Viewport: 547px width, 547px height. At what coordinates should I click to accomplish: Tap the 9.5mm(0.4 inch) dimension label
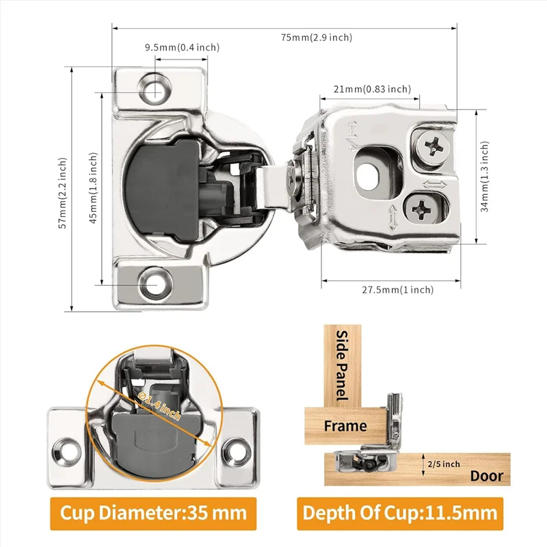coord(182,47)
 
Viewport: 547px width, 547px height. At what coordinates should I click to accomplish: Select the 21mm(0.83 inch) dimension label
coord(372,89)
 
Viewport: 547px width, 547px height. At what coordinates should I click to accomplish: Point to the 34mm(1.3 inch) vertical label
coord(484,176)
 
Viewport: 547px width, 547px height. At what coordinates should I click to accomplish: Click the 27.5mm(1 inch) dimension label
coord(397,290)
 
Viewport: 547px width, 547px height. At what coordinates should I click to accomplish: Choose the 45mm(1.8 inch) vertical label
coord(93,187)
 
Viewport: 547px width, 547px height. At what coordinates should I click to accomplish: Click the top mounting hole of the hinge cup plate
coord(157,88)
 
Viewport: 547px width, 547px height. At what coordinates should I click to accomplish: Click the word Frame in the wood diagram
coord(345,426)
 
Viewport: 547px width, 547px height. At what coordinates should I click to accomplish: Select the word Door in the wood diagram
coord(486,476)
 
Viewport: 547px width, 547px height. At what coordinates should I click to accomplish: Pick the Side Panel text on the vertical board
coord(342,366)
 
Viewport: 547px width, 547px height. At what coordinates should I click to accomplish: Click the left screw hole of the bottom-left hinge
coord(66,450)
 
